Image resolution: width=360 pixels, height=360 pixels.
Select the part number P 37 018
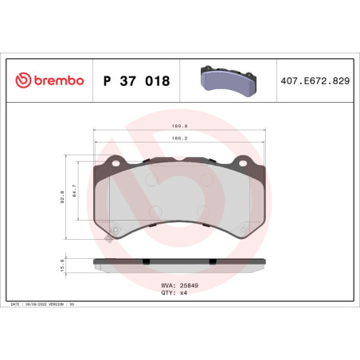click(136, 80)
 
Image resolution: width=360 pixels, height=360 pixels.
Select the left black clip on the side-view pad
click(146, 260)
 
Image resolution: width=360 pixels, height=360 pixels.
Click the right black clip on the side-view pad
click(213, 260)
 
